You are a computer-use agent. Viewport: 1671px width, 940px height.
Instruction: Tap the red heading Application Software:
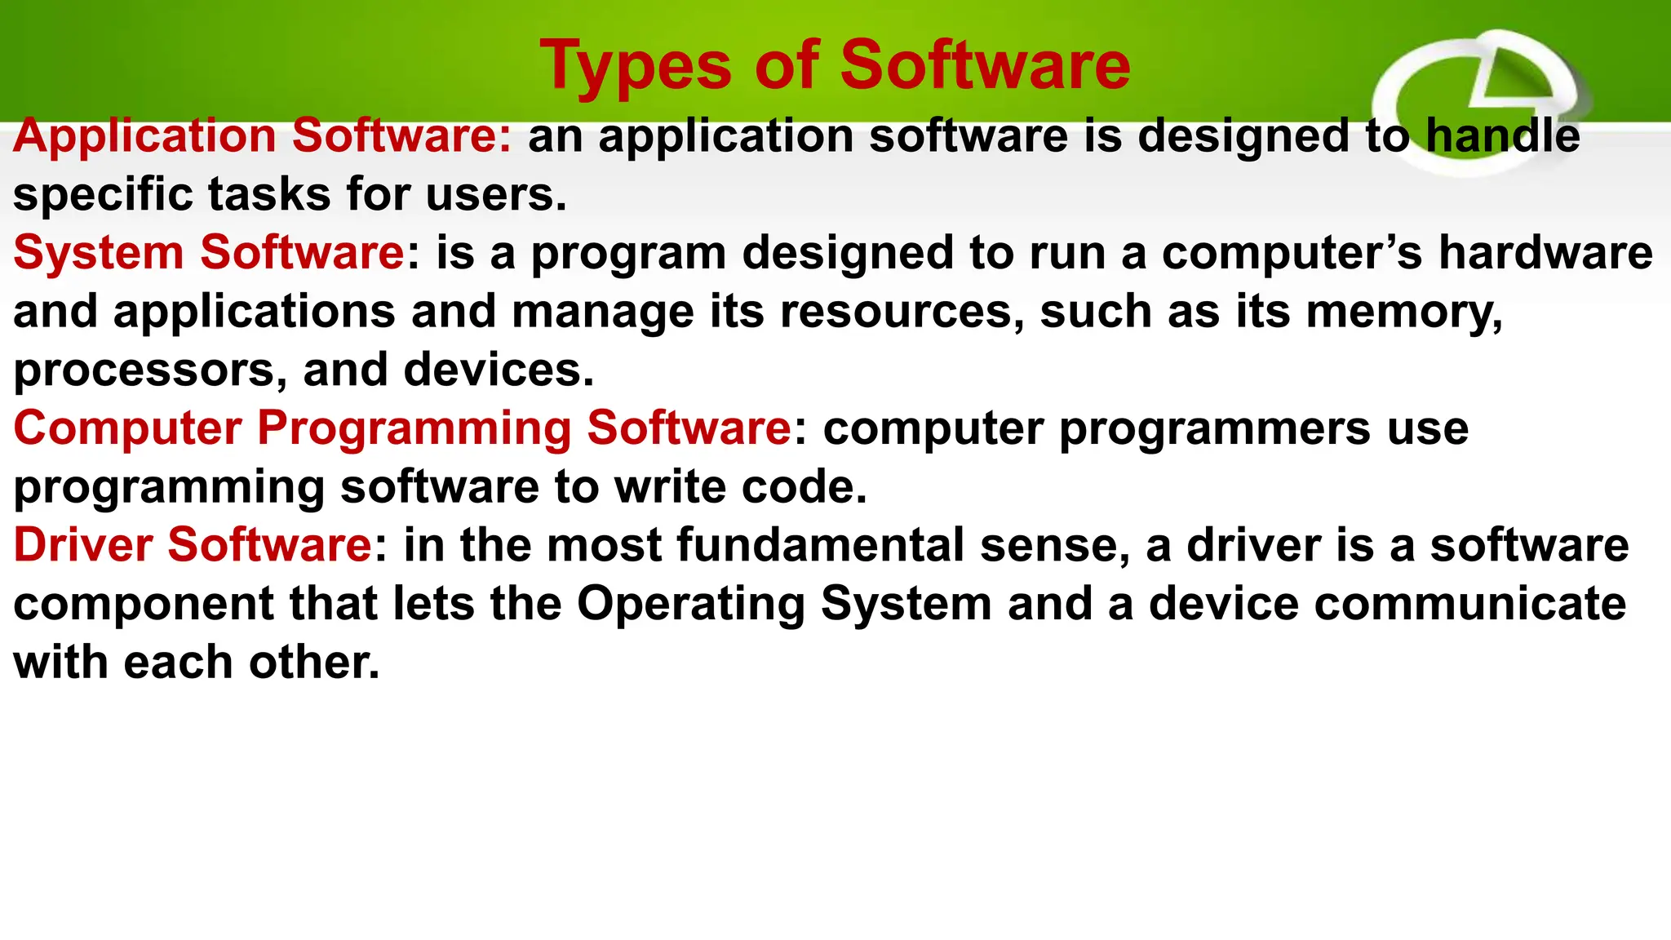[x=262, y=135]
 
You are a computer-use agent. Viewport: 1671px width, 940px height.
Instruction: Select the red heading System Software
[x=209, y=252]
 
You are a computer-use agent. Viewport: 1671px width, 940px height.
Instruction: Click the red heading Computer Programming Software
[x=402, y=428]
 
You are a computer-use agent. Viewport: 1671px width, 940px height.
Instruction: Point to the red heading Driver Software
[x=193, y=545]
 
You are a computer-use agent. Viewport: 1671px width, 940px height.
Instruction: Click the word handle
[x=1502, y=135]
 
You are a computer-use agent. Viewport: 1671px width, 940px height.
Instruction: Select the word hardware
[x=1545, y=252]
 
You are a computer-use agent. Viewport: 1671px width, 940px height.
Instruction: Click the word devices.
[x=499, y=370]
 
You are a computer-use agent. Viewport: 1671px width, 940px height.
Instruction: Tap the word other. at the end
[x=314, y=662]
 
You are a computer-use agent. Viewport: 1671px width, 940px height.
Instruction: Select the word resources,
[x=902, y=312]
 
